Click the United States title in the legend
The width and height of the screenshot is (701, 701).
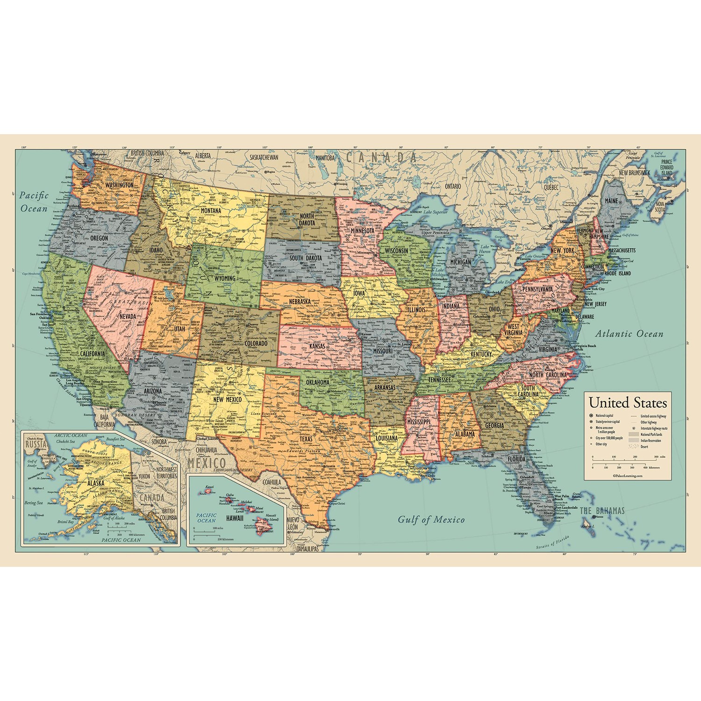coord(628,402)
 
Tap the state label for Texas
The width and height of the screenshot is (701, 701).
coord(306,439)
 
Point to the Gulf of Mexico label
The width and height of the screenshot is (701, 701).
coord(431,519)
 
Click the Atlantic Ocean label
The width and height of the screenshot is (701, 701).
coord(629,334)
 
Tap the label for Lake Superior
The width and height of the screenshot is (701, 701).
coord(435,212)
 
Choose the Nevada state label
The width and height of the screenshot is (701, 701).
coord(128,316)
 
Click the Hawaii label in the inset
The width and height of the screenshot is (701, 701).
coord(235,518)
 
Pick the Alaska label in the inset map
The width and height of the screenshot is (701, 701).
coord(95,483)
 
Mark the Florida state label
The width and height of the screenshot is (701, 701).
coord(517,459)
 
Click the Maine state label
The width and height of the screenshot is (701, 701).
coord(611,200)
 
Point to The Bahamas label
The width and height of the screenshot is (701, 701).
coord(602,511)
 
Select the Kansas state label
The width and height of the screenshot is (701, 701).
coord(317,347)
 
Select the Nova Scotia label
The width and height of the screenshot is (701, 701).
coord(659,207)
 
